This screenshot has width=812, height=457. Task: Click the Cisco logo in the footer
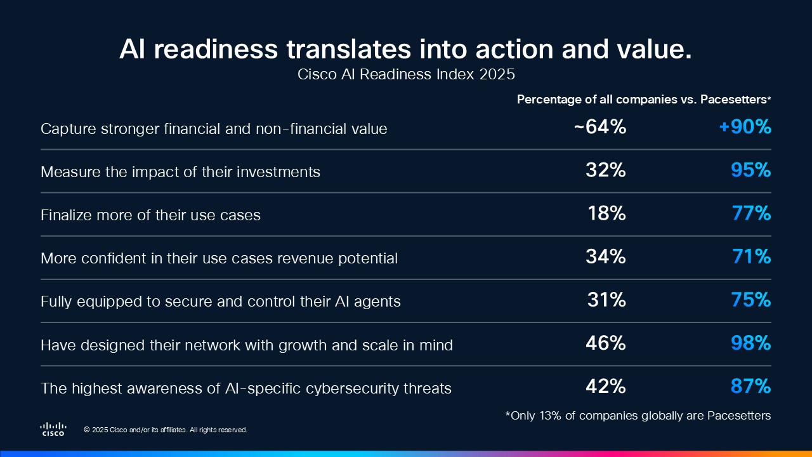(x=53, y=429)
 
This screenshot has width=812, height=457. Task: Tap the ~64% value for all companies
(x=599, y=128)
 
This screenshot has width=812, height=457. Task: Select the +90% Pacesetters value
(x=745, y=128)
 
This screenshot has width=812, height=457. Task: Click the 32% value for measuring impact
(x=605, y=171)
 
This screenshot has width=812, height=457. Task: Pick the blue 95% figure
(x=750, y=171)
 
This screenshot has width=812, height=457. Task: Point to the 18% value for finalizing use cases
(x=606, y=214)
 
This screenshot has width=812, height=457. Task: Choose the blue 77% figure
(x=751, y=214)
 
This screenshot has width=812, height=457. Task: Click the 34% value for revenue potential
(x=605, y=257)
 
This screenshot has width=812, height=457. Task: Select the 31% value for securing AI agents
(x=606, y=300)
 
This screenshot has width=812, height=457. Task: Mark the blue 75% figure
(x=750, y=300)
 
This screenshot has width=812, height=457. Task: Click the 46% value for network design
(x=605, y=343)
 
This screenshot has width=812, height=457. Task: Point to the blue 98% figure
(x=750, y=343)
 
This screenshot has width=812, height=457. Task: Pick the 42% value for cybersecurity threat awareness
(x=605, y=387)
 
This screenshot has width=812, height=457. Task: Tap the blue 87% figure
(x=750, y=387)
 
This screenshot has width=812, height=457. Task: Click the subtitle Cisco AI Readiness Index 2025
(x=406, y=74)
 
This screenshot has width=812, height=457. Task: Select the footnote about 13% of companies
(x=638, y=416)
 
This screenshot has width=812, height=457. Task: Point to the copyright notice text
(x=166, y=430)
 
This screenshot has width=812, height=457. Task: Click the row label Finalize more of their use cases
(x=150, y=215)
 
